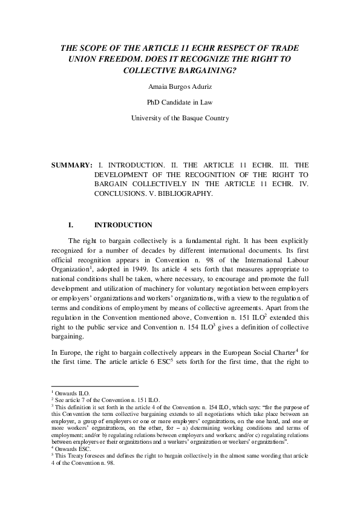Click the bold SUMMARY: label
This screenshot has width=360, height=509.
pyautogui.click(x=71, y=164)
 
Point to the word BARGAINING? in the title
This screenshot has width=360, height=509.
pyautogui.click(x=210, y=70)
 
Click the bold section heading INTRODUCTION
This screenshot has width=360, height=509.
pyautogui.click(x=123, y=225)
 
